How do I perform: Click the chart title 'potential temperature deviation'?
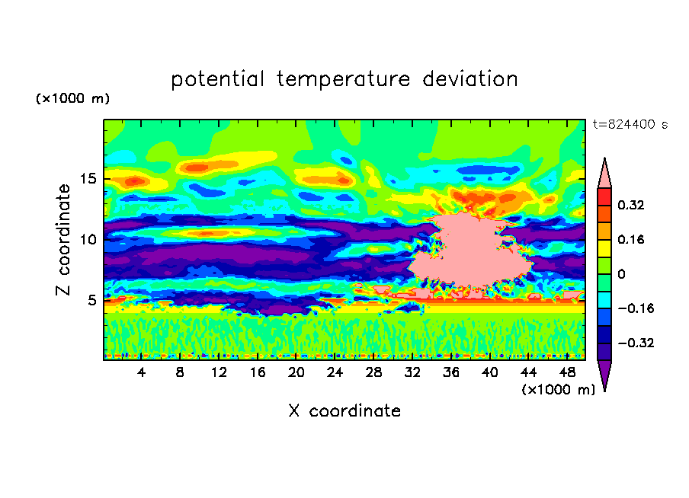344,79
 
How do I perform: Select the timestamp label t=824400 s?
630,125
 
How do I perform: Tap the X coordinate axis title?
344,410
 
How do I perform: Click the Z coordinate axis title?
63,239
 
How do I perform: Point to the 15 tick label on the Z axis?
88,179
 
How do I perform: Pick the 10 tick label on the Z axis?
88,240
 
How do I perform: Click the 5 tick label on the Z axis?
91,300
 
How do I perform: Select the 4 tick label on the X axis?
141,372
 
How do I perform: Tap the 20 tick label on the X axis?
296,372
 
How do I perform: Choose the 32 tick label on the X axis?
412,372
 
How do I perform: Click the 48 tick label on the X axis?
567,372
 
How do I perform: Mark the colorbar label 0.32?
630,205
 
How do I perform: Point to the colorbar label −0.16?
636,308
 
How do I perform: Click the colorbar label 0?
621,274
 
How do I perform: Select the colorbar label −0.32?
636,343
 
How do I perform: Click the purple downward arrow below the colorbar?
604,373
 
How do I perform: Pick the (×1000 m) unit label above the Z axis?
72,98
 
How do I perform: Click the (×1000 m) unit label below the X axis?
558,390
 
